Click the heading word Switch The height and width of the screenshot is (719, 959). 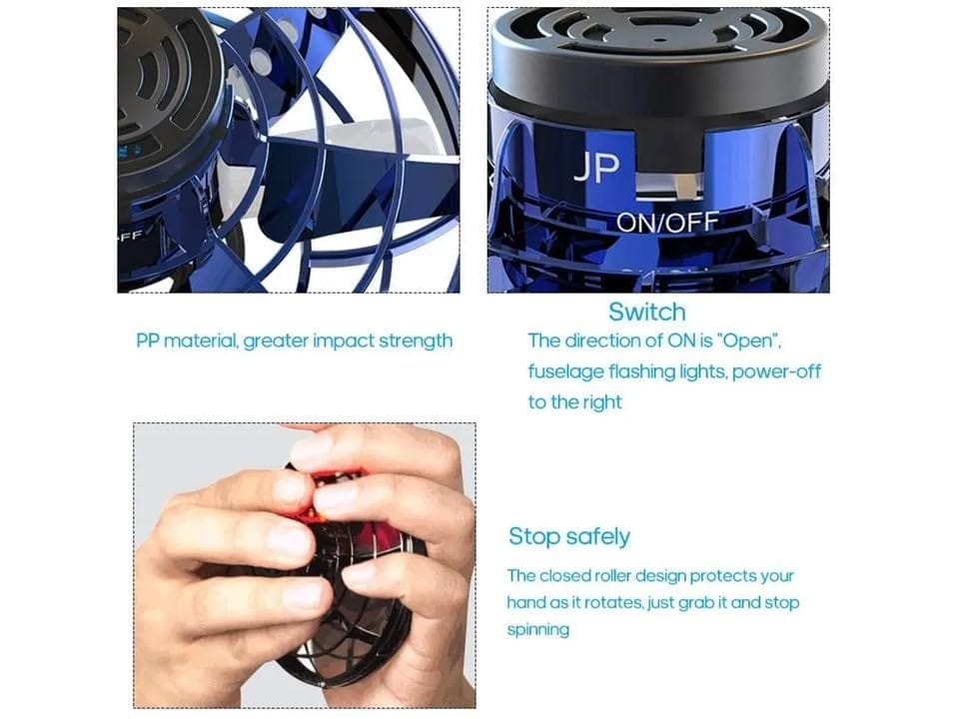click(646, 312)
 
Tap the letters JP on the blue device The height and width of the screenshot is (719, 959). click(596, 168)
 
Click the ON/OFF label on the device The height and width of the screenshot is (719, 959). click(667, 223)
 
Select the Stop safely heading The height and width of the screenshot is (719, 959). click(568, 536)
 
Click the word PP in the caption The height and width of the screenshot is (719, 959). click(148, 341)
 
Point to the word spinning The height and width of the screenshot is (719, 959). click(538, 630)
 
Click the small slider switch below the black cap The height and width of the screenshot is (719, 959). click(687, 187)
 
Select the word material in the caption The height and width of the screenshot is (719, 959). click(200, 341)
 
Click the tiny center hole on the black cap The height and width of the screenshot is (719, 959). click(658, 40)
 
